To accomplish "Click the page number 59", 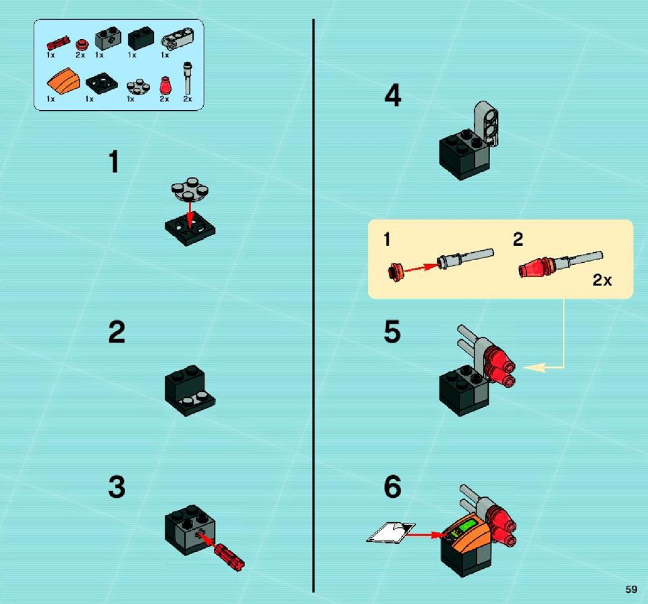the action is [x=631, y=589].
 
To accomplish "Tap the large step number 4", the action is [x=393, y=95].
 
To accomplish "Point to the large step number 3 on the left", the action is [x=117, y=486].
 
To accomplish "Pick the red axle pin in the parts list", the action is [x=58, y=43].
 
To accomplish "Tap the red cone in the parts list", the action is [x=165, y=86].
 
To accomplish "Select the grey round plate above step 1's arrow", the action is [x=190, y=189].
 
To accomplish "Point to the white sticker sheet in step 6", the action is [x=391, y=532].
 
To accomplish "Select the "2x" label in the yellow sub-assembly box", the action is [x=601, y=280].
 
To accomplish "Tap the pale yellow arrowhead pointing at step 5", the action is [x=535, y=367].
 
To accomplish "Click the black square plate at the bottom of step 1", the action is [x=190, y=230].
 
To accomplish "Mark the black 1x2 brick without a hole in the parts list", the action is [x=141, y=39].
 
